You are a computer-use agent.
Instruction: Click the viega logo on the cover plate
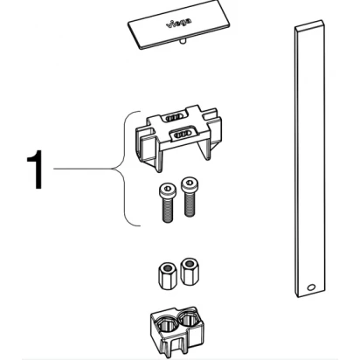point(179,23)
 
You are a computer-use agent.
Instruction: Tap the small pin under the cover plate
point(183,41)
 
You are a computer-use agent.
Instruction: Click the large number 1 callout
point(36,170)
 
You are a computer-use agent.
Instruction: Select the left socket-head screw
point(167,203)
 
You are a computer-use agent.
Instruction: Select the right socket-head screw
point(190,197)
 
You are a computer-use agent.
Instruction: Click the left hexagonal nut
point(166,276)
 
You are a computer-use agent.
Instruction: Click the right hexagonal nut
point(189,272)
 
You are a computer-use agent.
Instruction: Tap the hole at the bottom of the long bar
point(311,287)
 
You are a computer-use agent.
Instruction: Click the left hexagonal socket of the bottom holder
point(167,324)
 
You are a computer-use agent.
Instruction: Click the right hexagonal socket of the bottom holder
point(189,321)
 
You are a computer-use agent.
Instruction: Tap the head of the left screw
point(167,190)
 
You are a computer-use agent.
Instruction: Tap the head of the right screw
point(190,184)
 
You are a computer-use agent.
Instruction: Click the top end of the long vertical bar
point(308,24)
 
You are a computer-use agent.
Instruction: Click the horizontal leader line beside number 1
point(83,169)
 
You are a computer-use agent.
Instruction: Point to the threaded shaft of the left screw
point(168,209)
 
